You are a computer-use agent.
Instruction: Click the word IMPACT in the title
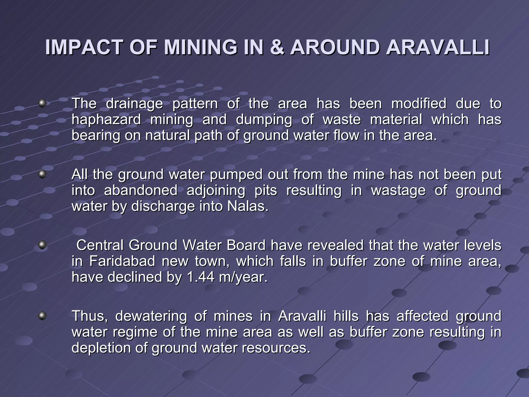[x=83, y=48]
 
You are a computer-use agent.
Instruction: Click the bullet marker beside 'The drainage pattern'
[x=42, y=104]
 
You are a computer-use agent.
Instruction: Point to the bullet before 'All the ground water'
[x=42, y=174]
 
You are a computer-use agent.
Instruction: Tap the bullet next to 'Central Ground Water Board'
[x=42, y=245]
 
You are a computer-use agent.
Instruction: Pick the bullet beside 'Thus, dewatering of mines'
[x=42, y=316]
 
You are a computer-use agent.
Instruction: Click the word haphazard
[x=106, y=119]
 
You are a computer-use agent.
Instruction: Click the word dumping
[x=264, y=120]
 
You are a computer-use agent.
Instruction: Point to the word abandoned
[x=141, y=190]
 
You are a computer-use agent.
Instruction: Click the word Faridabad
[x=122, y=261]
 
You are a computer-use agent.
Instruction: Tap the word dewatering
[x=151, y=316]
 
